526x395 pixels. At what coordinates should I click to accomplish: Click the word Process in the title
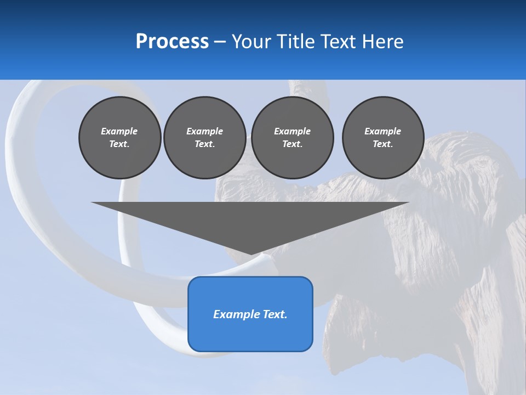coord(172,42)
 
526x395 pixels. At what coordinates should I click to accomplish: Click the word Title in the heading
coord(295,42)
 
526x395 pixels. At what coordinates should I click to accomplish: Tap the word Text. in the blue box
coord(275,314)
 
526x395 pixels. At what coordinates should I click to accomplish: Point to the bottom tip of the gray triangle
coord(250,254)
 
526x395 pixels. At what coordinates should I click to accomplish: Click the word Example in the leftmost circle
coord(119,131)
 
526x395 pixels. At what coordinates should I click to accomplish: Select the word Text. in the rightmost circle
coord(382,144)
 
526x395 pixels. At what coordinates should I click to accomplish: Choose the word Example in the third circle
coord(292,131)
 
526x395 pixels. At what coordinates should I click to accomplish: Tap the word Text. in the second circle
coord(204,144)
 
